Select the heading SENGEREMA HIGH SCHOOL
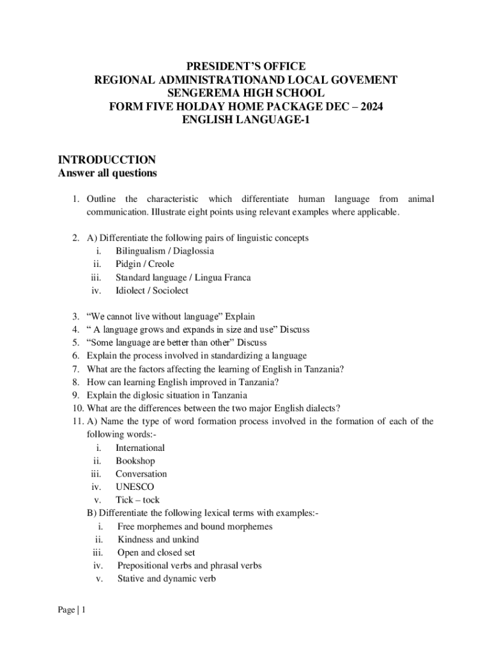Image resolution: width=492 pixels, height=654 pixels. click(246, 93)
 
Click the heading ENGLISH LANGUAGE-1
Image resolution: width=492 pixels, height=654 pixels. click(246, 119)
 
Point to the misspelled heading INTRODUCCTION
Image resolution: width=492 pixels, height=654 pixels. click(107, 160)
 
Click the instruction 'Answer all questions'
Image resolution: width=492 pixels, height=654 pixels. click(107, 173)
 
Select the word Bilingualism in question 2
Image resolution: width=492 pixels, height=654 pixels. click(142, 251)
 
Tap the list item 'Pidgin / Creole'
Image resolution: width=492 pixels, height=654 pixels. click(144, 264)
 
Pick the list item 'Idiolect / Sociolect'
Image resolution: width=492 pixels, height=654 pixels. click(151, 291)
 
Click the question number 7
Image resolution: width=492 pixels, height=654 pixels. click(75, 369)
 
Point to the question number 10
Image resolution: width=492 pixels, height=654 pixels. click(77, 409)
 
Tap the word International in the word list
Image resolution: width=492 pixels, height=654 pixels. click(140, 448)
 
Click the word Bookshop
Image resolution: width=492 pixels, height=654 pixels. click(135, 460)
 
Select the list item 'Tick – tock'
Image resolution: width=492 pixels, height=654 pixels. click(137, 500)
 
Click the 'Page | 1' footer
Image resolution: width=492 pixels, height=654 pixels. click(72, 610)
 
